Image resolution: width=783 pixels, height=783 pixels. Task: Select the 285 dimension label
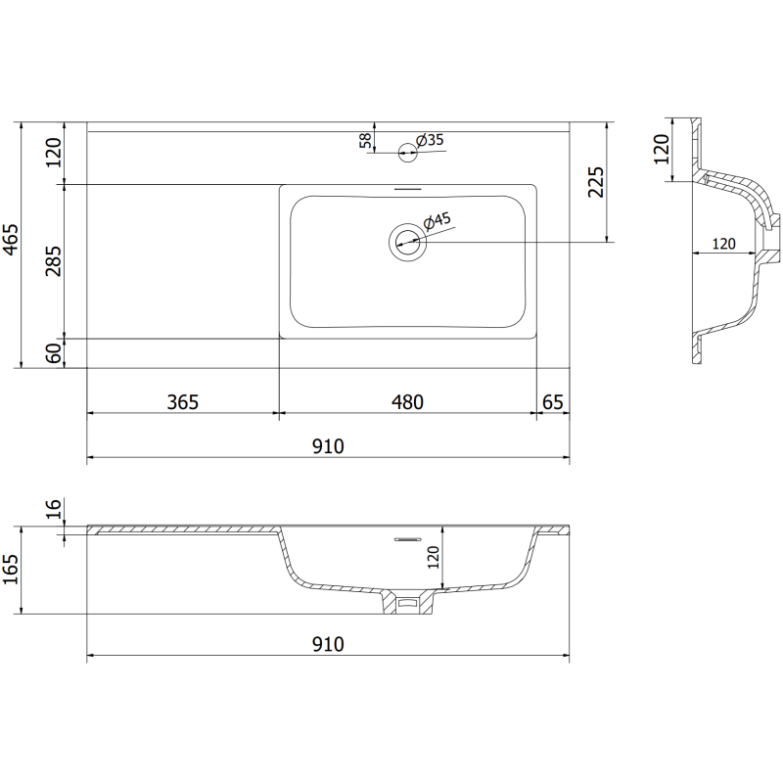54,260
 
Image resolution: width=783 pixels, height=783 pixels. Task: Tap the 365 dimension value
183,401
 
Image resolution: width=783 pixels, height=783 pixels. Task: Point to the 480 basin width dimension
407,401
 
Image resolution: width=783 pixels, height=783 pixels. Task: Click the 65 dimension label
553,401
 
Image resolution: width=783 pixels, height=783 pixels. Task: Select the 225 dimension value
596,182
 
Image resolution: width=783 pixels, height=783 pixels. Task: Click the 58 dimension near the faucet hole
366,142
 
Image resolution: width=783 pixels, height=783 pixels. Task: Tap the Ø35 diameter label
431,140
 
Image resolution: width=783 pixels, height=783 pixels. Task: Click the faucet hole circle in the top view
407,151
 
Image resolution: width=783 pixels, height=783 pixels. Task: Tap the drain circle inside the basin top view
407,241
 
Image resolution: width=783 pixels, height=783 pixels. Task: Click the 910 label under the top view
328,446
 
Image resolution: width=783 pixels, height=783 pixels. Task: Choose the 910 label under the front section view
328,644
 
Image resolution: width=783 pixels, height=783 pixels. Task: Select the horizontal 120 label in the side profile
723,244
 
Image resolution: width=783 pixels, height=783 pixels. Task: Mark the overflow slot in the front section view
405,539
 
